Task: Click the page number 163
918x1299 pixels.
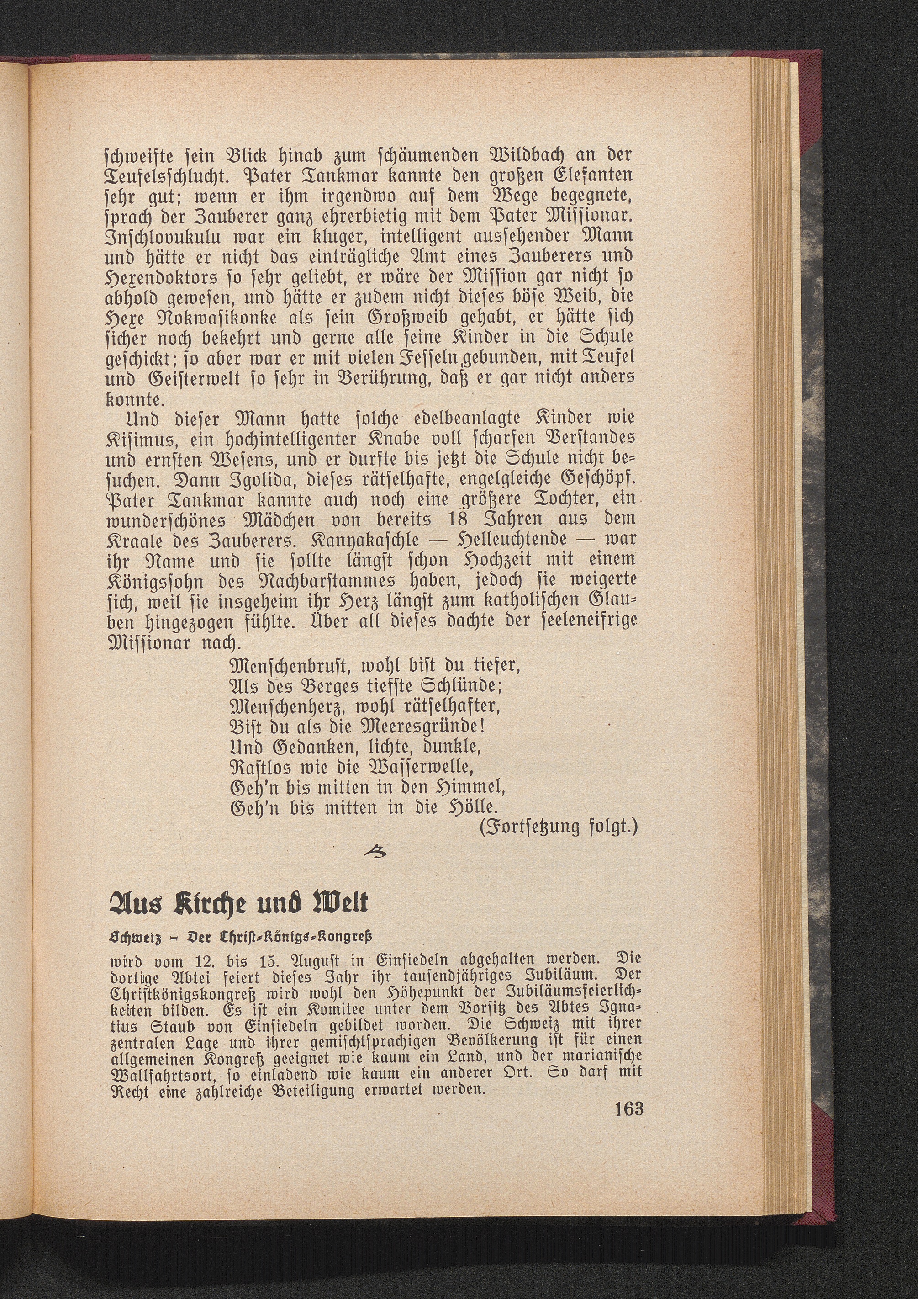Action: tap(628, 1278)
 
